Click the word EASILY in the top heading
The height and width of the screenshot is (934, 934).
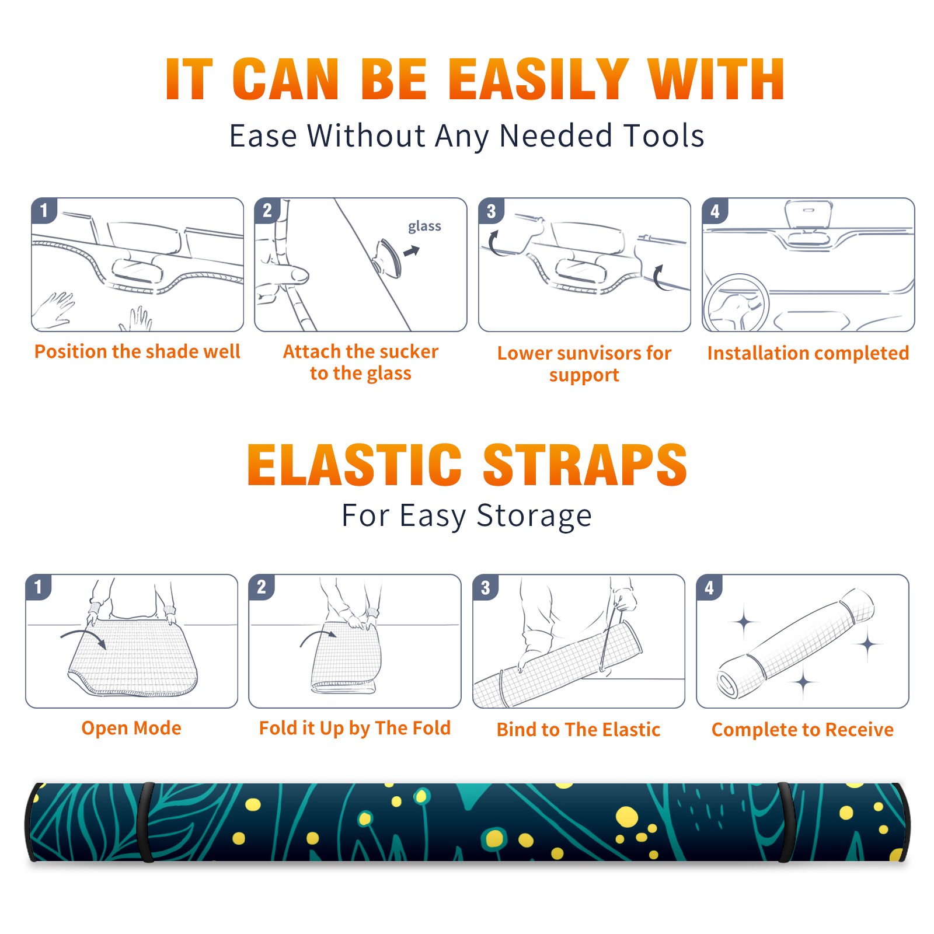click(x=539, y=79)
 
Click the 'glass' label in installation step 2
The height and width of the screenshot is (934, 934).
click(x=424, y=226)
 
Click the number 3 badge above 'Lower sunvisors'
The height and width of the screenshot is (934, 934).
click(x=491, y=211)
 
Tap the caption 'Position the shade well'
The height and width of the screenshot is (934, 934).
click(x=137, y=351)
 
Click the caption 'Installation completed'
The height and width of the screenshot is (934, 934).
click(x=808, y=353)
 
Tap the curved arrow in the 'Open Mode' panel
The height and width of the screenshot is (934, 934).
click(x=83, y=636)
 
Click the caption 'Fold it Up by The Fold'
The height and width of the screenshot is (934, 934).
click(x=355, y=728)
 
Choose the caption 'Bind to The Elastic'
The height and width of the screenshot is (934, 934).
click(x=578, y=730)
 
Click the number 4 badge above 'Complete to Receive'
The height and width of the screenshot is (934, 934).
click(x=709, y=587)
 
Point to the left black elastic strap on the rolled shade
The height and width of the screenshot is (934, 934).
click(x=145, y=822)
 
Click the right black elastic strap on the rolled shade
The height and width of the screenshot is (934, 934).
click(x=786, y=822)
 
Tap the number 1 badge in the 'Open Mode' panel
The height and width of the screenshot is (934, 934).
click(x=39, y=587)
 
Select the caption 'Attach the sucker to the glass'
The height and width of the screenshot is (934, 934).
click(x=361, y=362)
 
